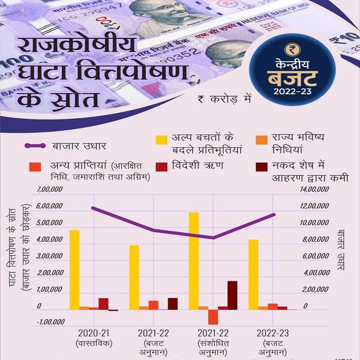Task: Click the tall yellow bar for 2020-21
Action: tap(74, 270)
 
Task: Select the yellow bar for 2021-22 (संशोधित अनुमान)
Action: tap(194, 261)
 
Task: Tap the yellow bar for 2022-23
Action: tap(254, 274)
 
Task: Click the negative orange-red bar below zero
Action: tap(213, 317)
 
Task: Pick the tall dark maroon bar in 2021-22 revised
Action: tap(232, 295)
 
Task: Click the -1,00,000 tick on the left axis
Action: tap(50, 322)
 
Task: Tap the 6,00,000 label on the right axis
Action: tap(314, 256)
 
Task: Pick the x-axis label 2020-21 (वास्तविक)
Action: tap(94, 338)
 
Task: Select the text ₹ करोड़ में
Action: tap(223, 98)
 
